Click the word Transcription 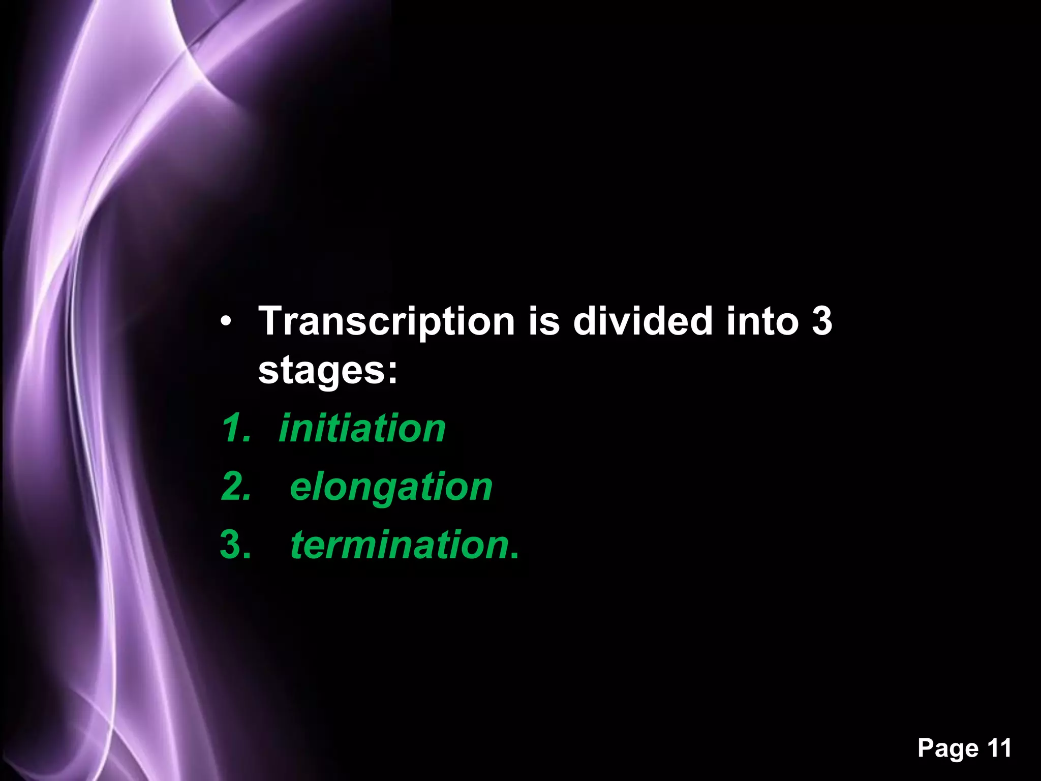[387, 322]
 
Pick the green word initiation [362, 428]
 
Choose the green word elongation [391, 487]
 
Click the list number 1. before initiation [236, 428]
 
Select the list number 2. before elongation [236, 487]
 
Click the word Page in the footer [948, 748]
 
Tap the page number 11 [999, 747]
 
